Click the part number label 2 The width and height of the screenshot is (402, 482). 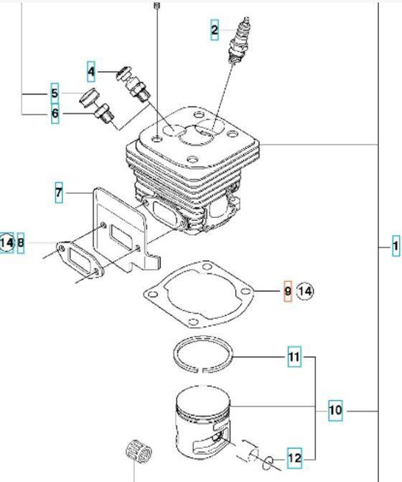tap(214, 30)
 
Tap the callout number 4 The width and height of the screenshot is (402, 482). tap(91, 72)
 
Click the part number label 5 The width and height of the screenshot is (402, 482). tap(54, 93)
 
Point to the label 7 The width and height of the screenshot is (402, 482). tap(59, 193)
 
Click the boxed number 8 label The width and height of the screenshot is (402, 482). tap(21, 242)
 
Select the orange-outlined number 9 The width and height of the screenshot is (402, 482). tap(288, 292)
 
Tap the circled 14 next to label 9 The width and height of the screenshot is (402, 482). tap(306, 292)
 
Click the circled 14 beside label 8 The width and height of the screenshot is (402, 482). tap(7, 242)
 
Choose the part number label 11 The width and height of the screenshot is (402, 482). tap(294, 360)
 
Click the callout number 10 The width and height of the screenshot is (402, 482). tap(335, 409)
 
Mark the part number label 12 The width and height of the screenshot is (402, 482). tap(294, 459)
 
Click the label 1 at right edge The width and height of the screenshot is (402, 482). tap(396, 246)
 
